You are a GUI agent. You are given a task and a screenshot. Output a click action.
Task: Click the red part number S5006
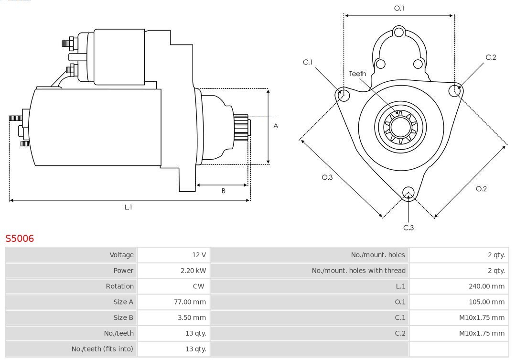click(20, 239)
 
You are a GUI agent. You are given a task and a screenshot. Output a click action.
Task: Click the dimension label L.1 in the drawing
click(129, 207)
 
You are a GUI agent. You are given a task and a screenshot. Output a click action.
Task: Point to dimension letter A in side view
click(276, 126)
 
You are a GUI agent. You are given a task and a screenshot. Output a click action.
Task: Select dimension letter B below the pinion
click(223, 191)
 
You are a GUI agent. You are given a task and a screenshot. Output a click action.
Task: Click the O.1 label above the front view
click(399, 8)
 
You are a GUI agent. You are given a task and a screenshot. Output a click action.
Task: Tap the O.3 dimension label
click(327, 177)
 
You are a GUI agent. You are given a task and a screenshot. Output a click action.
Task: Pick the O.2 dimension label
click(481, 189)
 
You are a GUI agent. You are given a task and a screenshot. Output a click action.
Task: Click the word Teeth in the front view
click(357, 74)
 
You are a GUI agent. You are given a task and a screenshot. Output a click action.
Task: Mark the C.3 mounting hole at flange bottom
click(408, 193)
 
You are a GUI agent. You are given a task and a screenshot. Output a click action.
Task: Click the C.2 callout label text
click(491, 57)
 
